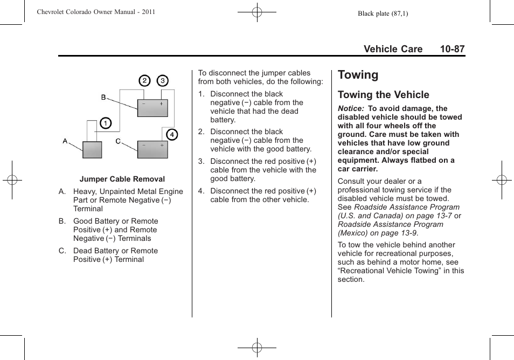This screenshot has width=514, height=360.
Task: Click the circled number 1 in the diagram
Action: tap(106, 123)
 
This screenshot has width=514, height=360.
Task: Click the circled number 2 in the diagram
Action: tap(144, 81)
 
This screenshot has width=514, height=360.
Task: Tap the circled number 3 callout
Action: tap(163, 81)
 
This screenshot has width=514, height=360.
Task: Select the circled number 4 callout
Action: tap(171, 134)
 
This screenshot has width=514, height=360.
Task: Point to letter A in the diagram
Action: tap(65, 141)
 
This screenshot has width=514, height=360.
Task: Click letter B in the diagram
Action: tap(104, 97)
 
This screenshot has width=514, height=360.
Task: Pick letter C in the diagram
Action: tap(118, 141)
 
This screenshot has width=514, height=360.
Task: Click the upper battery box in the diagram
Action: tap(152, 108)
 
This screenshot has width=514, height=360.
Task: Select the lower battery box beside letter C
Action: tap(152, 149)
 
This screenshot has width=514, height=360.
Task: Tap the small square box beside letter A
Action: tap(92, 149)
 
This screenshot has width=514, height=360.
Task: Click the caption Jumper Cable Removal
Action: tap(122, 179)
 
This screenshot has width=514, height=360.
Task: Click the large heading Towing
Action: tap(358, 75)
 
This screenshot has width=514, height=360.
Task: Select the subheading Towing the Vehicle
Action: tap(383, 95)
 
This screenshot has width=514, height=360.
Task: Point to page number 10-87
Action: tap(452, 49)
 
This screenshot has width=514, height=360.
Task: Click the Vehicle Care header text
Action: tap(393, 49)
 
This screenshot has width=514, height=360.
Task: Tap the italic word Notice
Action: tap(350, 108)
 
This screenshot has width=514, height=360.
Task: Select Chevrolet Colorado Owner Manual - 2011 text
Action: tap(96, 12)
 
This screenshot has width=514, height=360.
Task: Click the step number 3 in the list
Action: tap(201, 161)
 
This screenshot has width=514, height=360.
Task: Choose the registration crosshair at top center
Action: tap(257, 11)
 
